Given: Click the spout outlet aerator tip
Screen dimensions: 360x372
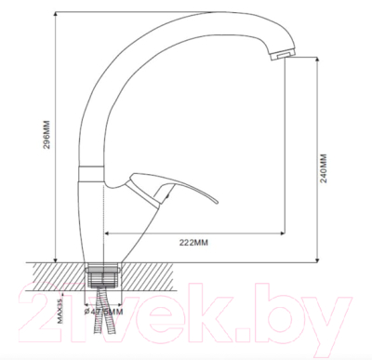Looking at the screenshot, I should click(x=278, y=56).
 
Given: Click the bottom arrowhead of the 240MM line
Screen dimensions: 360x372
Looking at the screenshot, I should click(x=321, y=257).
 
